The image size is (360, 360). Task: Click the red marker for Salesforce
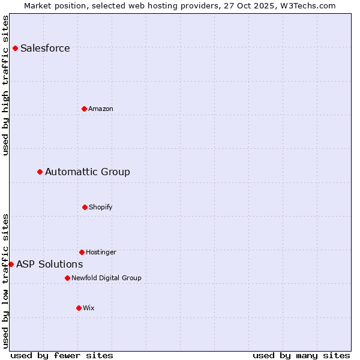coord(15,48)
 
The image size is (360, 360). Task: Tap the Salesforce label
coord(45,49)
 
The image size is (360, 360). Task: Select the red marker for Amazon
coord(85,109)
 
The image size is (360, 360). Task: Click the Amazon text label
coord(101,109)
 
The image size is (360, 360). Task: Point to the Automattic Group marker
coord(40,172)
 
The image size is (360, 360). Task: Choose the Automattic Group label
coord(88,172)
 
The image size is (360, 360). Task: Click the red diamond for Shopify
coord(85,207)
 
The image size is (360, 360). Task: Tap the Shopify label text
coord(101,208)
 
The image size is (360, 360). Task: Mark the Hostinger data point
coord(82,252)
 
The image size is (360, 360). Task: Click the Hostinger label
coord(101,253)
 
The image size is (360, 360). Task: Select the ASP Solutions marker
coord(11,264)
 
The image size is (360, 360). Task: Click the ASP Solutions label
coord(50,265)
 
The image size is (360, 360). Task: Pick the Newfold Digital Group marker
coord(67,278)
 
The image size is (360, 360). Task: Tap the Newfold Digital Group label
coord(106,278)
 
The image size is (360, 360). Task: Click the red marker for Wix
coord(79,308)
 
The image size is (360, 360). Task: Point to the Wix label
coord(89,308)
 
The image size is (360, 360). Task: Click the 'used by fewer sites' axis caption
coord(62,356)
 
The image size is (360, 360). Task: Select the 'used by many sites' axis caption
coord(301,356)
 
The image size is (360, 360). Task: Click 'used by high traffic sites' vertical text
coord(5,85)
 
